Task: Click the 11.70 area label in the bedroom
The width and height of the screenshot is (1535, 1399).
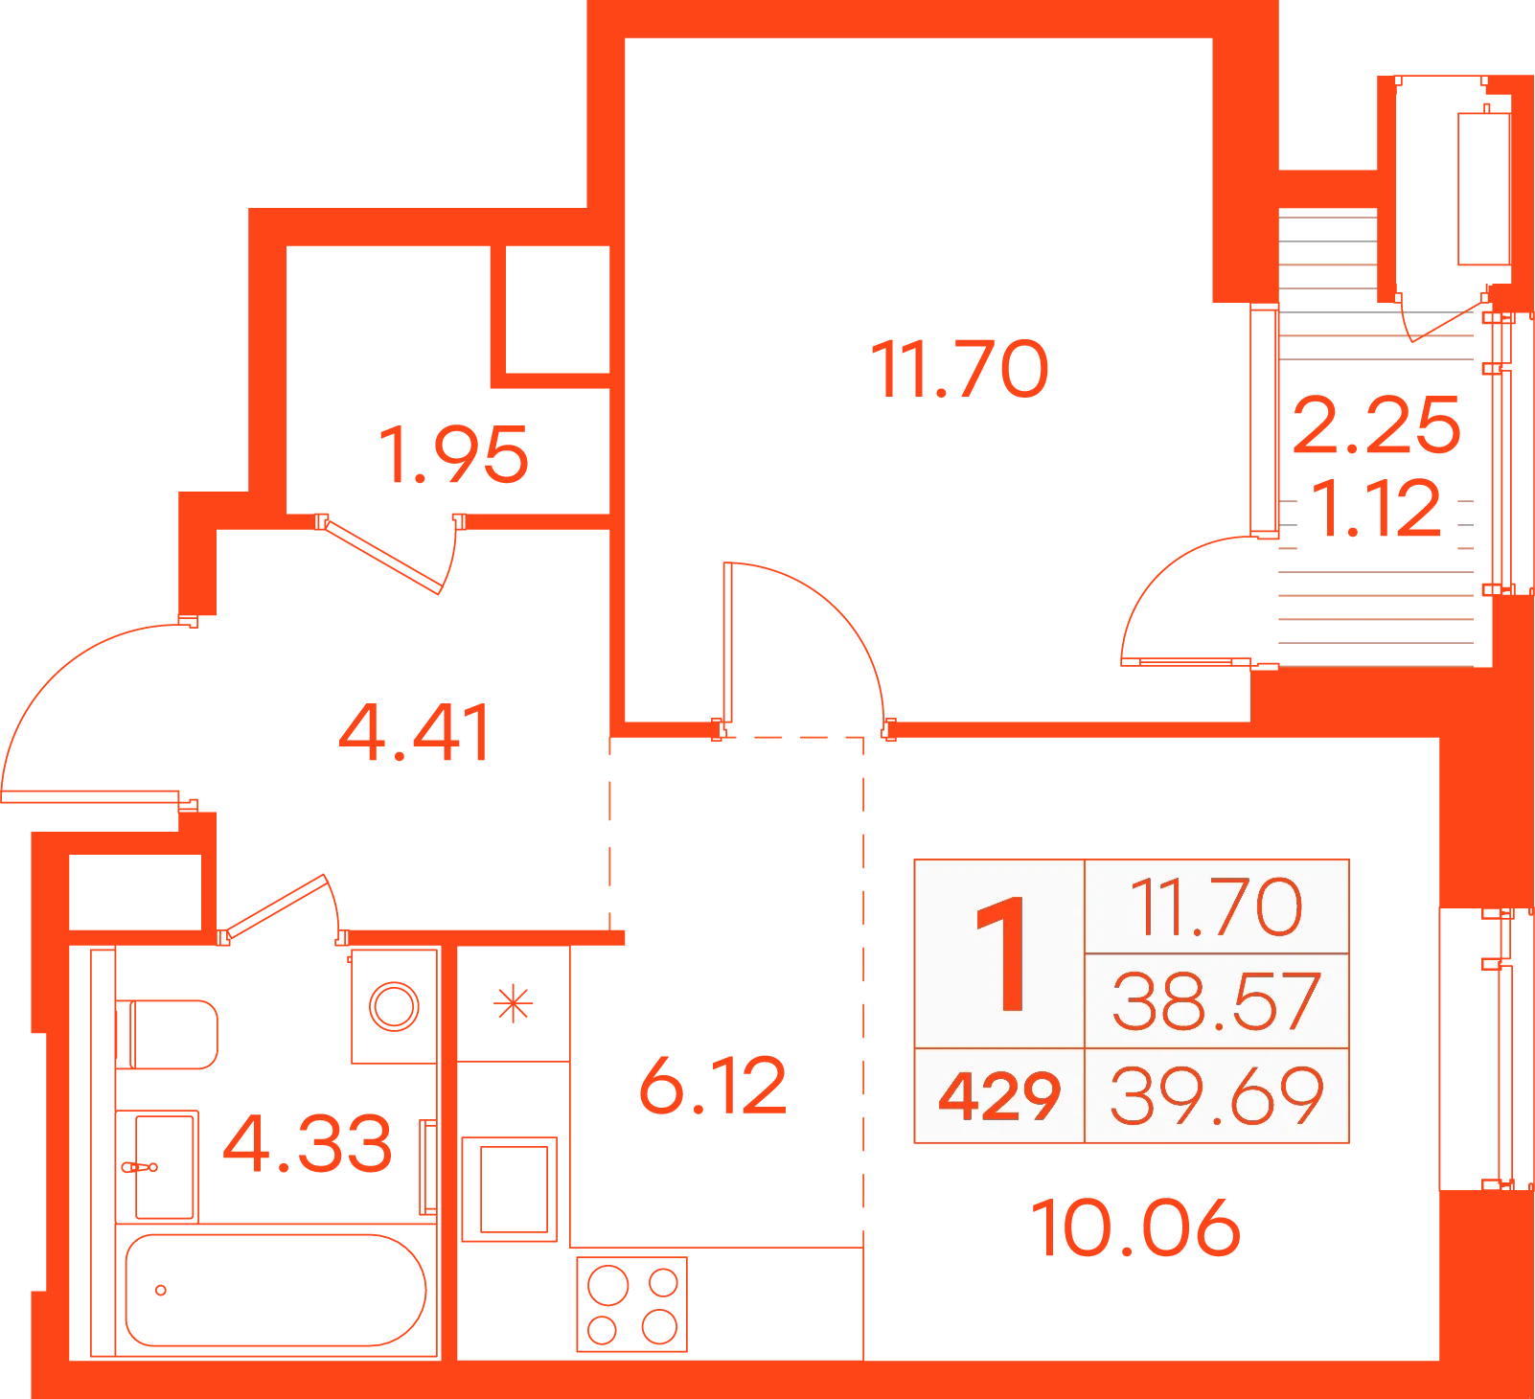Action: coord(959,370)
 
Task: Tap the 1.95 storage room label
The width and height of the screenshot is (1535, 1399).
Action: coord(454,455)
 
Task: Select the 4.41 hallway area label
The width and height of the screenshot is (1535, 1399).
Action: coord(416,733)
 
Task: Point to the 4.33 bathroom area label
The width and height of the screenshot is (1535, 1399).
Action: coord(308,1143)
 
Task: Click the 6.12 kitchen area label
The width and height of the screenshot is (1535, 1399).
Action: coord(713,1086)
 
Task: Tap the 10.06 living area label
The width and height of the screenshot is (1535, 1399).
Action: coord(1135,1227)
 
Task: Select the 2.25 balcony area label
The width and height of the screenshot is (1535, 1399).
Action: coord(1377,424)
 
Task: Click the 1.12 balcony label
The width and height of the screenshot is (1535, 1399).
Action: coord(1376,508)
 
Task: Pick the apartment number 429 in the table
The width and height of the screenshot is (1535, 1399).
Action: coord(999,1096)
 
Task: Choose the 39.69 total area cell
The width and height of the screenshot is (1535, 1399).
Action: coord(1217,1095)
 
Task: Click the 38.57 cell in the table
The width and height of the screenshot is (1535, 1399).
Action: coord(1217,1001)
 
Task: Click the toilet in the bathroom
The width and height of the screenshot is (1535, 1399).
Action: coord(167,1034)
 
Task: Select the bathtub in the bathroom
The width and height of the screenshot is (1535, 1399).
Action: coord(276,1290)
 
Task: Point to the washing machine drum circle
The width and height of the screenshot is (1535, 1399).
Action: coord(395,1006)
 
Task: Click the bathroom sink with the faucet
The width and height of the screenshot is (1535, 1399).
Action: coord(157,1166)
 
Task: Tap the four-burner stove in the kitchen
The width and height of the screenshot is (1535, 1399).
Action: coord(632,1304)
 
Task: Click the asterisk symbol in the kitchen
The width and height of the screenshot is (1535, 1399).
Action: coord(513,1004)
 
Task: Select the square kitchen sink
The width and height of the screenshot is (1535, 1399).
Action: coord(510,1189)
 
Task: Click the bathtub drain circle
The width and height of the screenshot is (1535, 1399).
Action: coord(161,1290)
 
